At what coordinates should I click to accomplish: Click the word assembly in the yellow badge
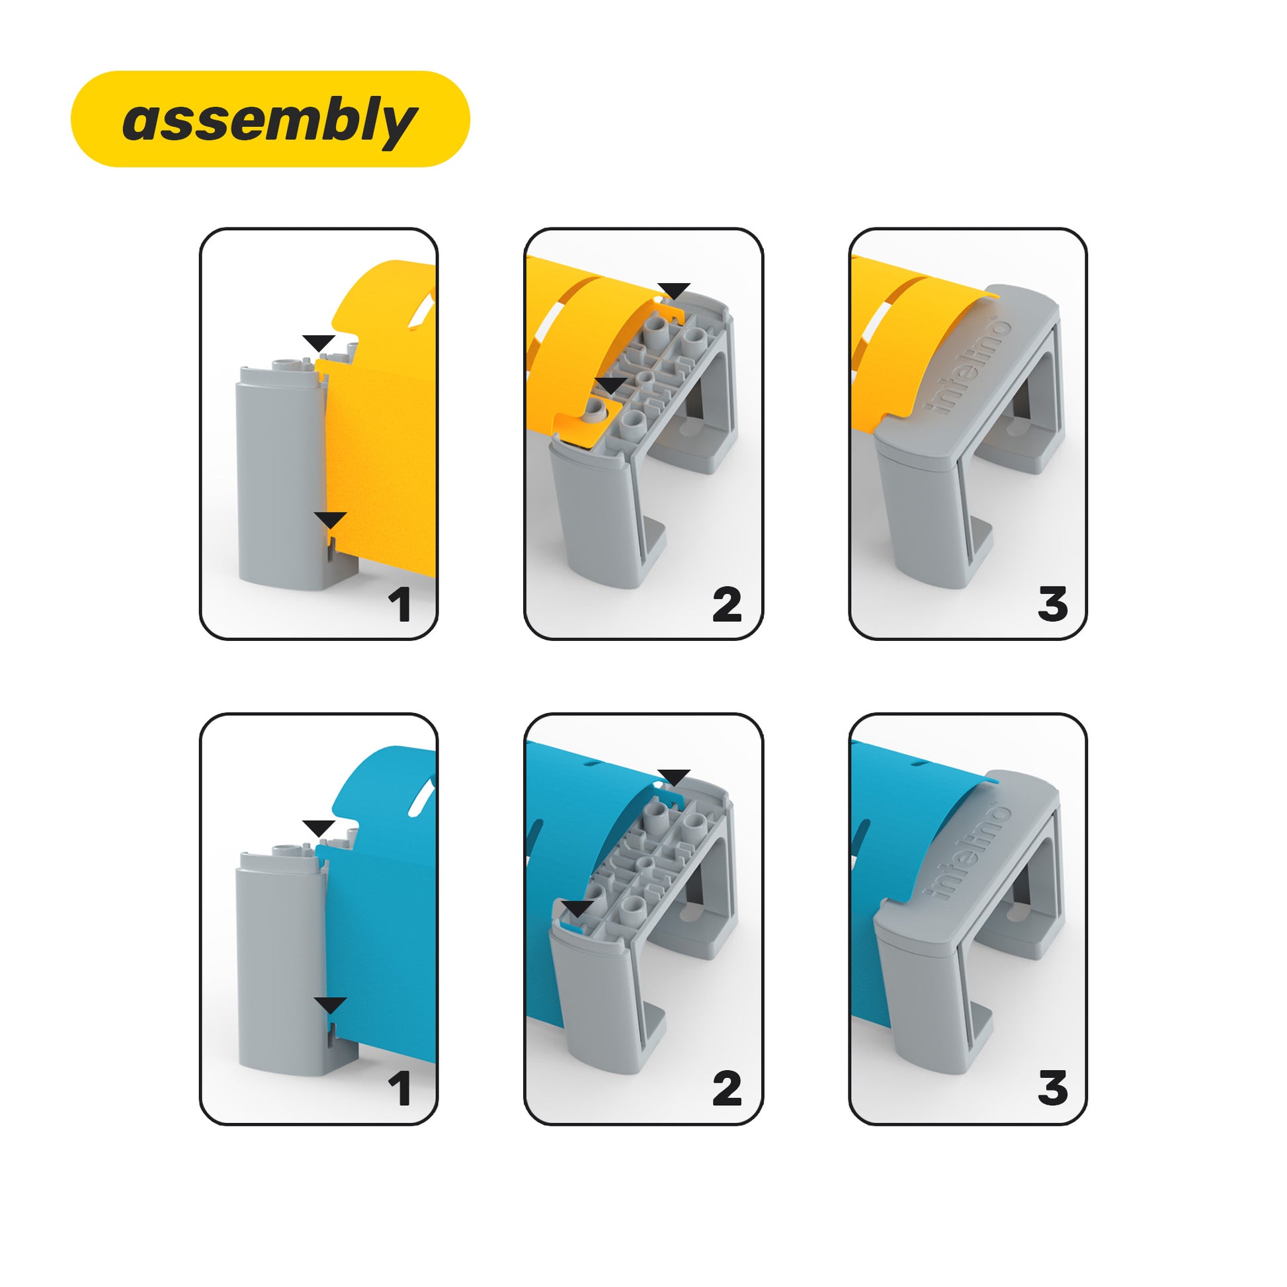[x=270, y=121]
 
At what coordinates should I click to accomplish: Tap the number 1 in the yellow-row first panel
[x=399, y=605]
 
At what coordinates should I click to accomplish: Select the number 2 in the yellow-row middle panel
[x=727, y=605]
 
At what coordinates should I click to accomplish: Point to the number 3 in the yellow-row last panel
[x=1052, y=605]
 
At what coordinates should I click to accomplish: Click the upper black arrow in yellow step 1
[x=318, y=343]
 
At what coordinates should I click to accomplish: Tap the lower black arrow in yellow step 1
[x=331, y=520]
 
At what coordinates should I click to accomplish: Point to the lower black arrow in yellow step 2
[x=611, y=386]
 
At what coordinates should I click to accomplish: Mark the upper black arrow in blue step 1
[x=318, y=828]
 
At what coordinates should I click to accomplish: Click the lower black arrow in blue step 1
[x=331, y=1005]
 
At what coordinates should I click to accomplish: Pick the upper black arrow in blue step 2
[x=674, y=776]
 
